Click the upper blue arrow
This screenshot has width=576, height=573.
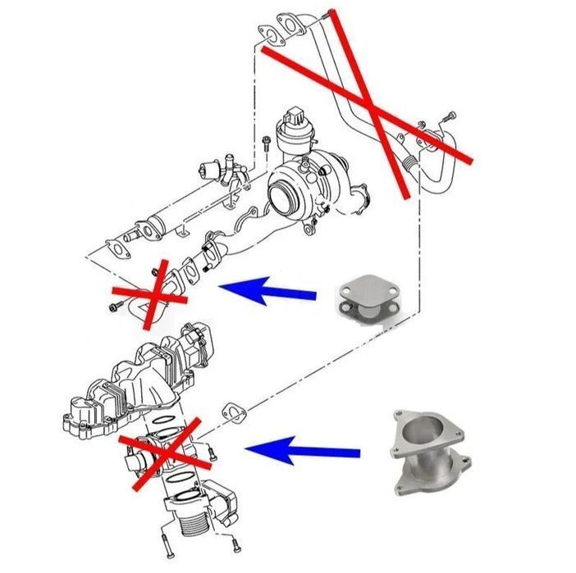pos(267,290)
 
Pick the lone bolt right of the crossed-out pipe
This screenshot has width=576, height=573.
pos(448,116)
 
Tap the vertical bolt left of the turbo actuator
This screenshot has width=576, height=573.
pos(267,143)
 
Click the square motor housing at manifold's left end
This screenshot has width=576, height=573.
pos(82,415)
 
